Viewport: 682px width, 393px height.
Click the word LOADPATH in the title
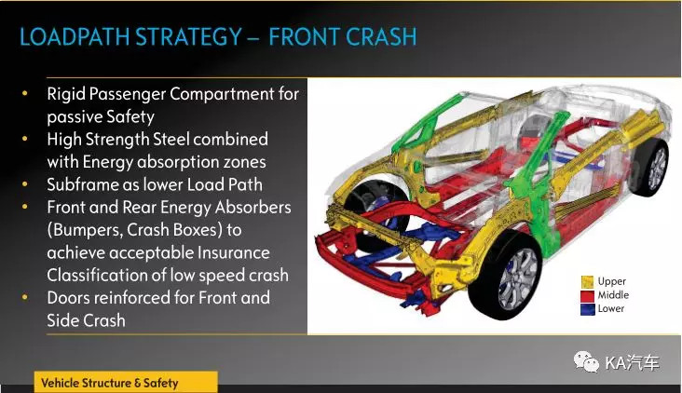(x=75, y=36)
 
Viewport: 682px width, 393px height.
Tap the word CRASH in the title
(x=382, y=36)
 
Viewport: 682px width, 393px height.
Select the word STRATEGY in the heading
(x=189, y=36)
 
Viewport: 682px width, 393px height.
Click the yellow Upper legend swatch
(x=587, y=281)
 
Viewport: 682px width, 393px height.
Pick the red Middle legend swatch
(x=587, y=295)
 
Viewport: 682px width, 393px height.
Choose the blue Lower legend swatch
(x=587, y=309)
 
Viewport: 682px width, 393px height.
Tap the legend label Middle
(x=613, y=295)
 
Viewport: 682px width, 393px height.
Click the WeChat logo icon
(x=586, y=362)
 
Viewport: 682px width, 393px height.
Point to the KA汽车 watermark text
(x=633, y=362)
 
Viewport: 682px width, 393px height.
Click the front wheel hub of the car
(x=517, y=278)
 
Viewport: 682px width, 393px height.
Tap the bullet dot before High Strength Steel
(x=25, y=139)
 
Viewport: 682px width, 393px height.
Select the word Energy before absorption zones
(x=108, y=163)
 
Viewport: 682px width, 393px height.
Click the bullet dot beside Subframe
(x=25, y=183)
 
